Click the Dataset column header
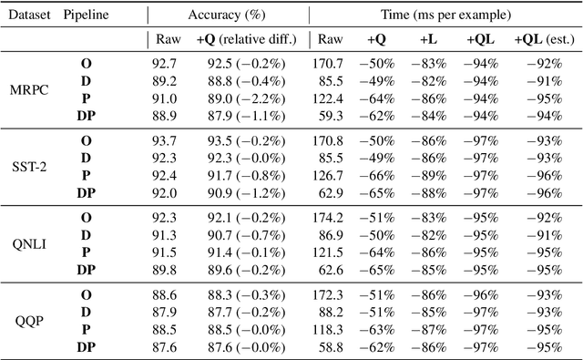pos(27,15)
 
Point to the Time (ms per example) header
pos(443,15)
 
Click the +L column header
pos(427,40)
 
